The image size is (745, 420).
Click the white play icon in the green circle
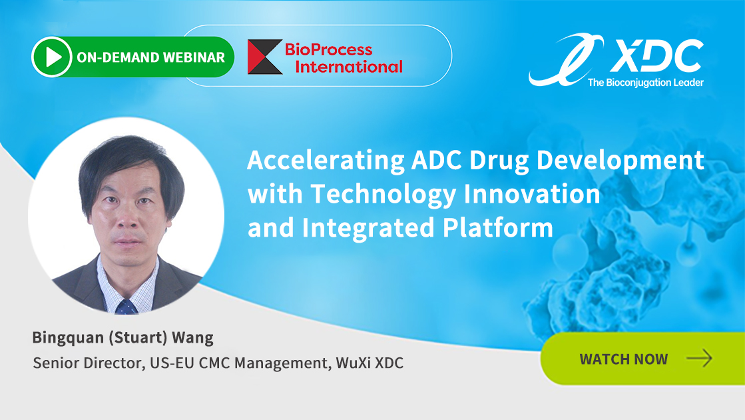[53, 57]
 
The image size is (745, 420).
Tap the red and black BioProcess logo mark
[265, 57]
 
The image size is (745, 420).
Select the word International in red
[349, 67]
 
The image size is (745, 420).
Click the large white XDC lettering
[657, 55]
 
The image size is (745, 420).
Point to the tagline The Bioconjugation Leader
[646, 82]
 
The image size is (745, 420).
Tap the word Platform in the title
[498, 227]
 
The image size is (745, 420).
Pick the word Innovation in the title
[532, 194]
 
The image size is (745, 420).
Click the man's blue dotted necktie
[126, 307]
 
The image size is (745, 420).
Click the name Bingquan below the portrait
[68, 338]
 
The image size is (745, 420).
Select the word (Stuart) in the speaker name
[138, 338]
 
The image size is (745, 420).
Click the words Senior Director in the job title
[88, 363]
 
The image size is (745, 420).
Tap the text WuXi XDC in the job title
[370, 363]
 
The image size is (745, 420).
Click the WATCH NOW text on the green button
[623, 359]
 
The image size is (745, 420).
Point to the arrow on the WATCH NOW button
[699, 358]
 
